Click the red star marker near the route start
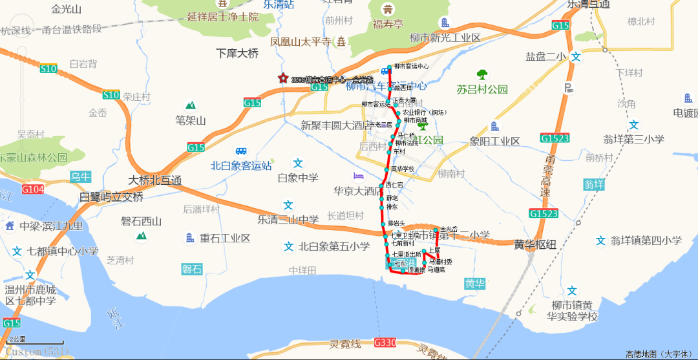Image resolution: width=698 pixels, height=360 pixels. pos(282,79)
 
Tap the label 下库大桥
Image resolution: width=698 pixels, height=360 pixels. pos(237,54)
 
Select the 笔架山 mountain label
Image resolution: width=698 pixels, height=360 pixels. pos(190,120)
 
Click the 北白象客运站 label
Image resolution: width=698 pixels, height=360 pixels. pos(241,165)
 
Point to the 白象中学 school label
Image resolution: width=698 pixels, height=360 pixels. pos(297,178)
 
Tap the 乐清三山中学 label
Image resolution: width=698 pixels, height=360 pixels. pos(288,219)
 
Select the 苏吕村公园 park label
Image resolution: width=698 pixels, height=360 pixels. pos(482,89)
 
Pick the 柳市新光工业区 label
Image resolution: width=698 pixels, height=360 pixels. pos(445,38)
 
